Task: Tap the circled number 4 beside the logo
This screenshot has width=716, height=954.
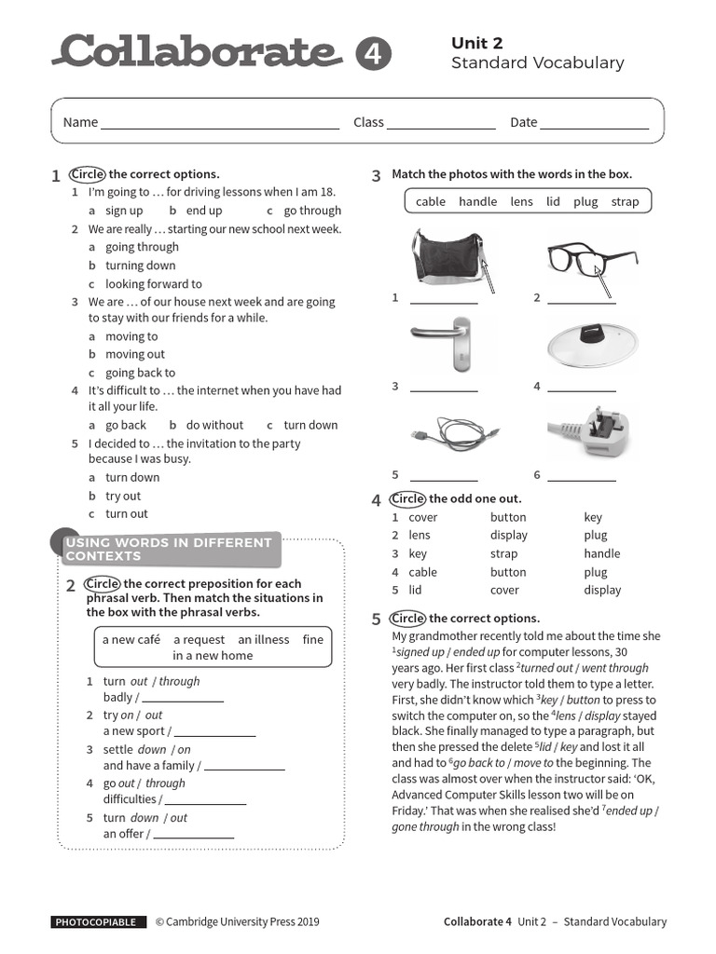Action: [x=373, y=55]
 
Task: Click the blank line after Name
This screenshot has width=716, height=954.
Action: [x=220, y=123]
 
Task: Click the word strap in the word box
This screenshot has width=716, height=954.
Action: [x=625, y=201]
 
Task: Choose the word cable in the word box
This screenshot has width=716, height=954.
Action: [x=430, y=201]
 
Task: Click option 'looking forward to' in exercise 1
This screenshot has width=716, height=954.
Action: [x=153, y=284]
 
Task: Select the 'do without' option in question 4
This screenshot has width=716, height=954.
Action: [x=214, y=425]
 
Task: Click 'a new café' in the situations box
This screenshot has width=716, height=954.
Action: [x=131, y=639]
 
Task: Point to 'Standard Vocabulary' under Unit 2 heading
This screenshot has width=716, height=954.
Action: [x=537, y=63]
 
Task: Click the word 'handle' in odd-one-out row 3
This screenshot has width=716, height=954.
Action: [x=601, y=553]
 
